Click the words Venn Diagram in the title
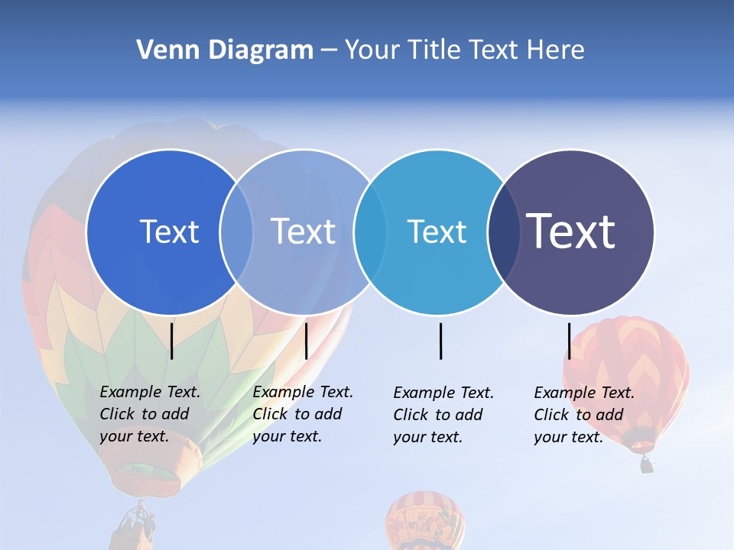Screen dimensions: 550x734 click(225, 50)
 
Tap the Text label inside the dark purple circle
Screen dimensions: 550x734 click(571, 231)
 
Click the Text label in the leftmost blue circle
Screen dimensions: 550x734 click(169, 231)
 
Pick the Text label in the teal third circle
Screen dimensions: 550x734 click(437, 231)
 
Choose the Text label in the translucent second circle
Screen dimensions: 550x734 click(304, 231)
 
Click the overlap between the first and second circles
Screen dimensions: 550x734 click(236, 231)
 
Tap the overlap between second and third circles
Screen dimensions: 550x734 click(370, 231)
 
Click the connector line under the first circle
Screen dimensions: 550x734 click(172, 341)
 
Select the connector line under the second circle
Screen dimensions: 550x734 click(307, 341)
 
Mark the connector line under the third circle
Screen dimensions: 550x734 click(441, 341)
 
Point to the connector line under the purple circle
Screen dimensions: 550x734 click(570, 341)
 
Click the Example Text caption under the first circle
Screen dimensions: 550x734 click(150, 414)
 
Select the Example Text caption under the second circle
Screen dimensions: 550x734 click(303, 414)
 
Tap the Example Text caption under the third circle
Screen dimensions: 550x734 click(443, 415)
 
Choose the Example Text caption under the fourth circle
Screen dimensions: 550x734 click(584, 415)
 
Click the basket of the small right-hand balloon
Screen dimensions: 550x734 click(647, 464)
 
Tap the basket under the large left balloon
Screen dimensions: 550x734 click(136, 527)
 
